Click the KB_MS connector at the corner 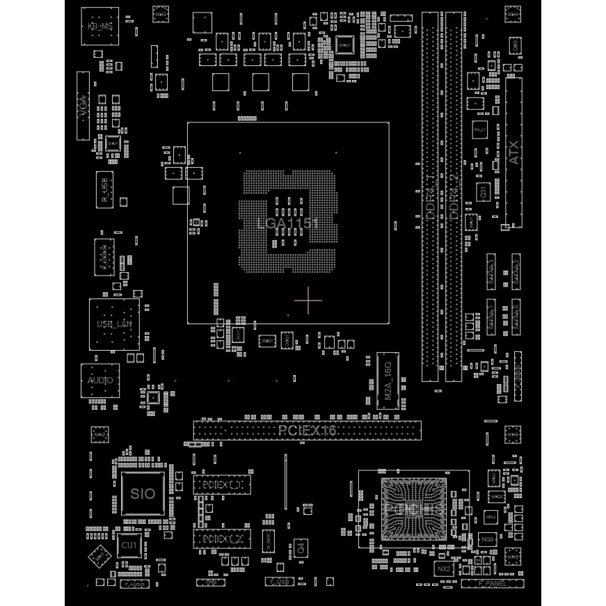[99, 26]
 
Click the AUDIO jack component [100, 381]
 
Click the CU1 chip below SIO [129, 545]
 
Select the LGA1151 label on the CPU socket [287, 223]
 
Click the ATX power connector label [514, 153]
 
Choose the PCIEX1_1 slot [221, 484]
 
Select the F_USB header [278, 581]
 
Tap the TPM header [211, 581]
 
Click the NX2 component [445, 568]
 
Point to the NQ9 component [488, 539]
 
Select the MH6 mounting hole [513, 436]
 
